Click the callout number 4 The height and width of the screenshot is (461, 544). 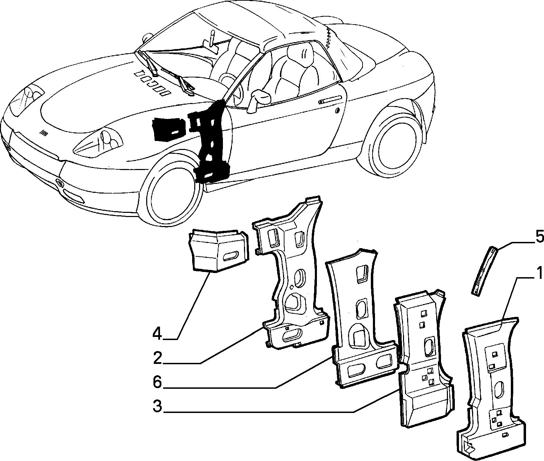[x=157, y=335]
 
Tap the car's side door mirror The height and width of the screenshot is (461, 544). [x=259, y=101]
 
